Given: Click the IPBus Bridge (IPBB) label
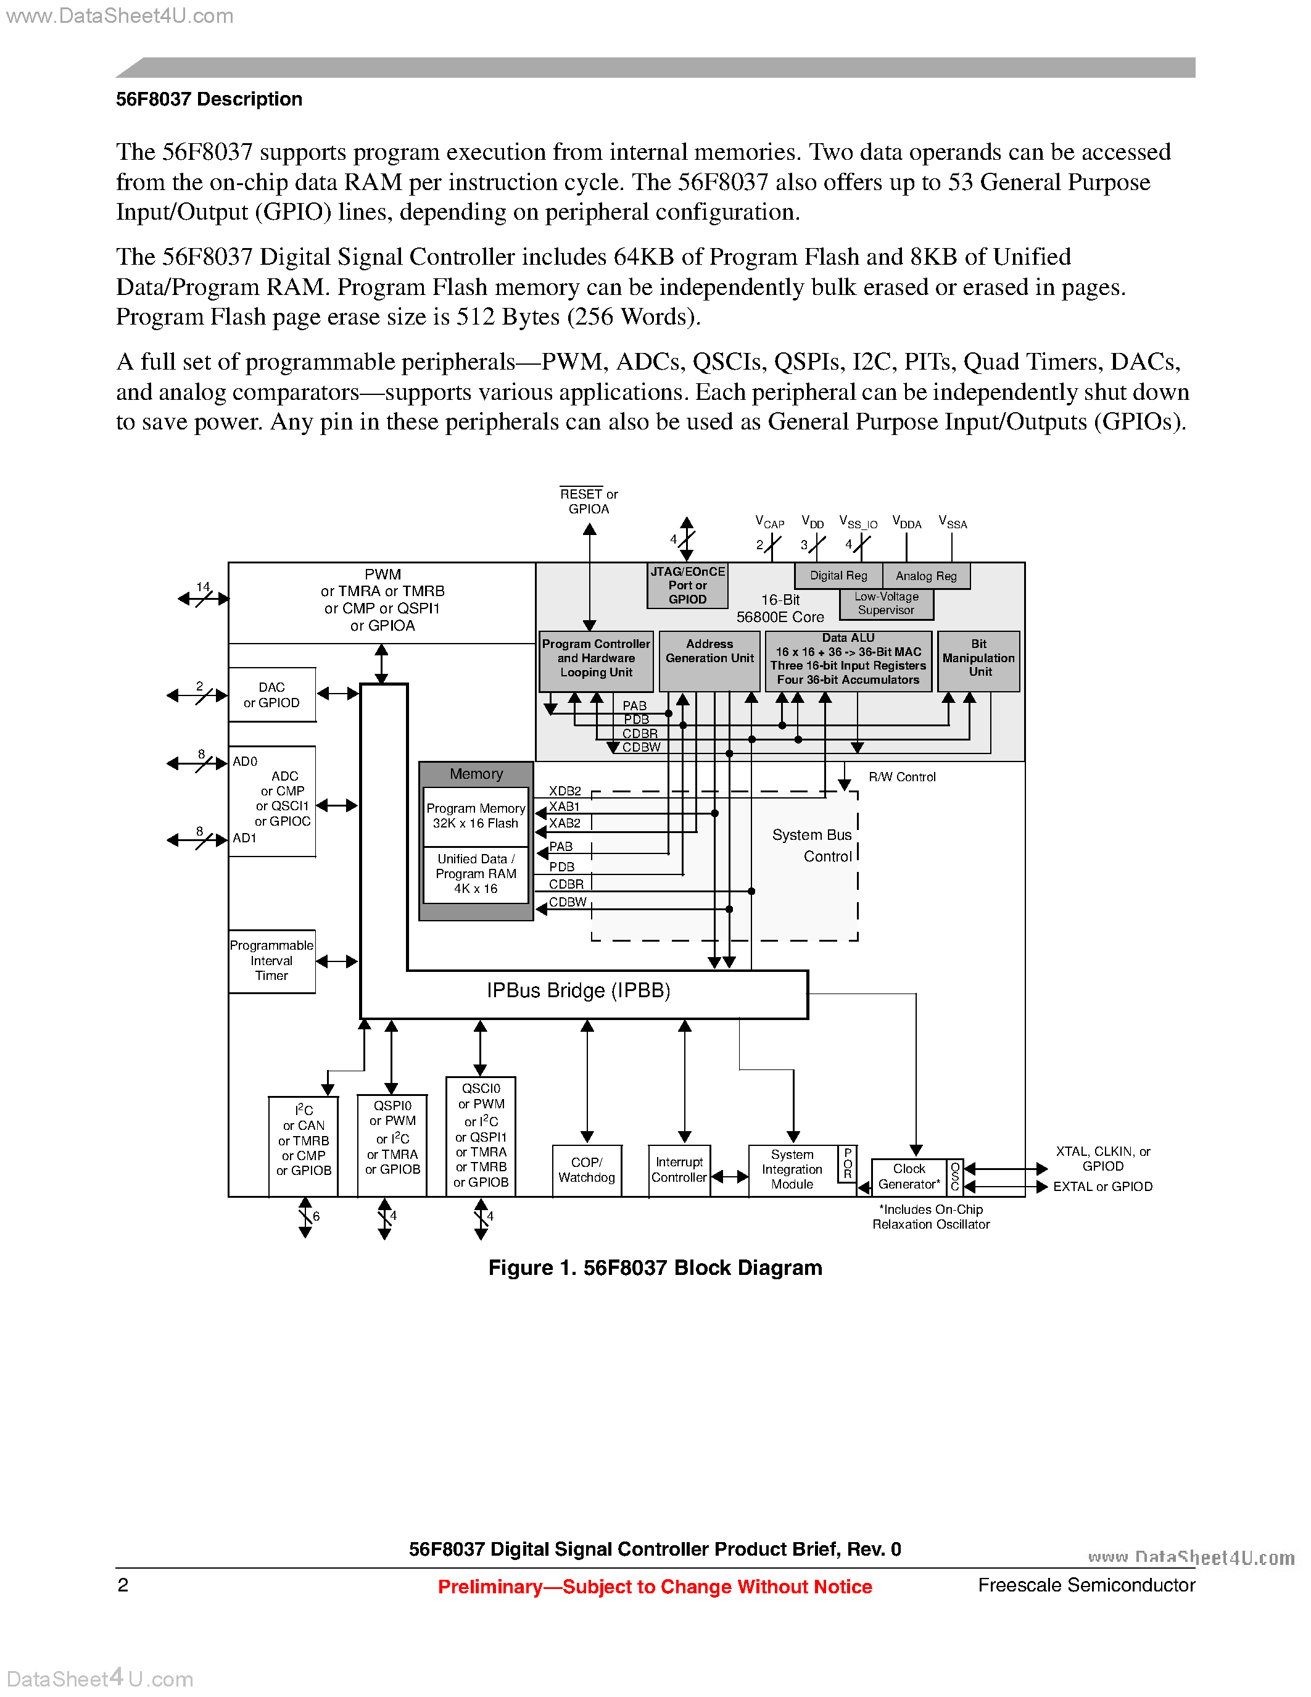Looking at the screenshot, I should [x=578, y=990].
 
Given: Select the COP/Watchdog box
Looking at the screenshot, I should [x=586, y=1170].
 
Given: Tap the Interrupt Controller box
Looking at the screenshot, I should [x=679, y=1170].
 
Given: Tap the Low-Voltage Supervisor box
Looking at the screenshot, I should [x=886, y=604].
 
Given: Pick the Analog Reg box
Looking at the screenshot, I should [x=926, y=576].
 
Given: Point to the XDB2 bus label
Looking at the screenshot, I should [x=565, y=791].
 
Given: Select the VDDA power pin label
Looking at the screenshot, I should [x=906, y=523].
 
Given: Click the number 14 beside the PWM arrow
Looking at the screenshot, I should [x=203, y=587].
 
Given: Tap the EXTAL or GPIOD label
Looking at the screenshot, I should [x=1102, y=1187].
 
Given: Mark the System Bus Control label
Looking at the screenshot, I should [x=813, y=845].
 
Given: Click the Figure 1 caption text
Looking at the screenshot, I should [x=655, y=1268].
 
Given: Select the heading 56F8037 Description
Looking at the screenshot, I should [x=209, y=99].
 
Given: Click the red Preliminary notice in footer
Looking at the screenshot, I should [x=655, y=1587].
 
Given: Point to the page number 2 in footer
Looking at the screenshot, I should [x=123, y=1585].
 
